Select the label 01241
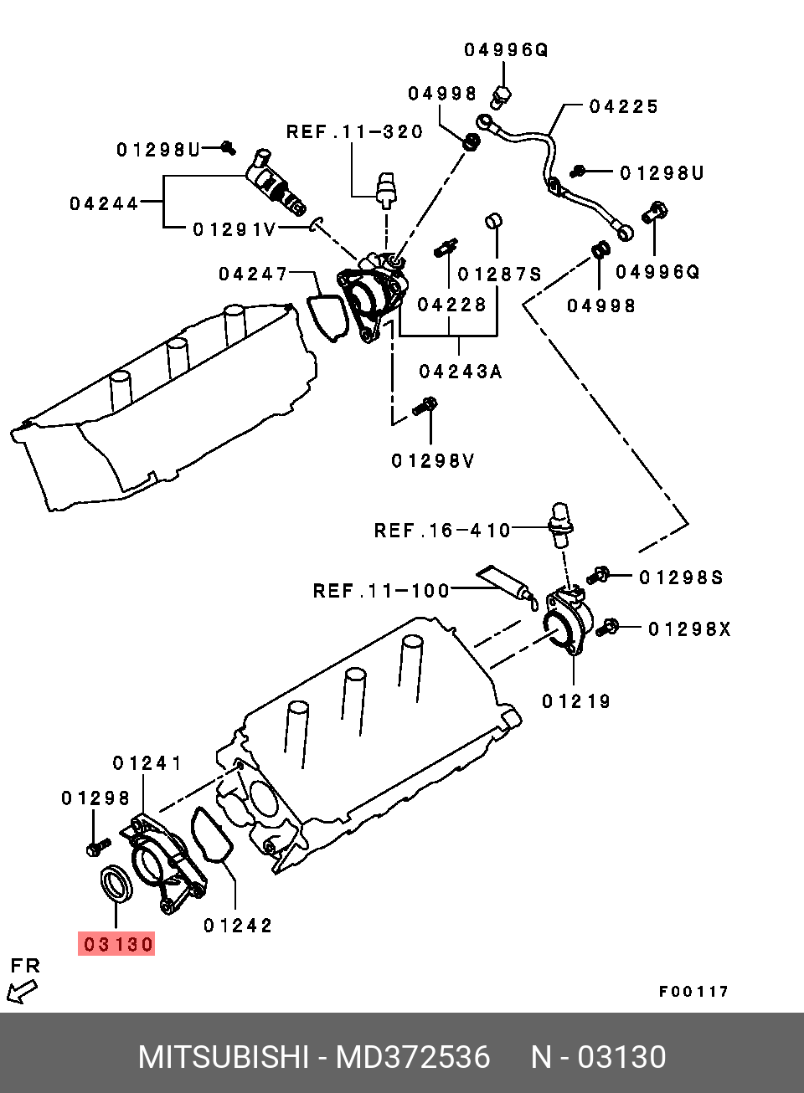147,763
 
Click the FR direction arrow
22,992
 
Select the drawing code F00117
693,992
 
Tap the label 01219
576,701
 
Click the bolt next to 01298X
611,626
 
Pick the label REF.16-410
442,531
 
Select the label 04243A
461,372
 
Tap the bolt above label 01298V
426,407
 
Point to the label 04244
104,203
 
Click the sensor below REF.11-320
385,191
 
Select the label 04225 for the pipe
624,106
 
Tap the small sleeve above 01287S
494,222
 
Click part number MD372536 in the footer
413,1057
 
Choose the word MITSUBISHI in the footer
224,1057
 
